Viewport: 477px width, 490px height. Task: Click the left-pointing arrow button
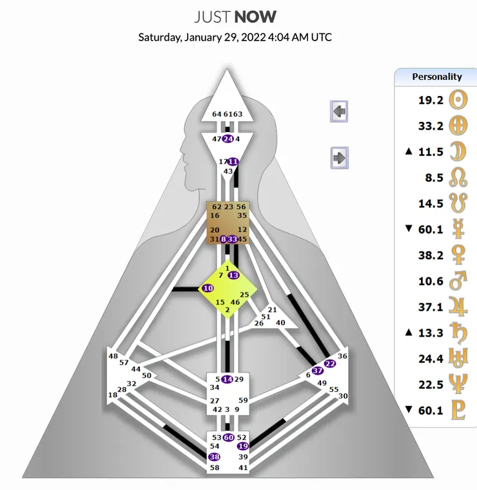340,111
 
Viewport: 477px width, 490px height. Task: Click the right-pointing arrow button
340,157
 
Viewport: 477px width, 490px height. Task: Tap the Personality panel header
436,77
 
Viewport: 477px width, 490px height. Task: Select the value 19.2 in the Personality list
430,100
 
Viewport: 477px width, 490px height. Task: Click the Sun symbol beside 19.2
457,100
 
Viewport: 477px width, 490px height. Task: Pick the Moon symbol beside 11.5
457,152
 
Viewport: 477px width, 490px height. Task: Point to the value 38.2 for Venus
430,255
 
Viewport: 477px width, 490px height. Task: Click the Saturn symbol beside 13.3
457,333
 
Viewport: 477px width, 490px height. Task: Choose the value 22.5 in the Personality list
430,385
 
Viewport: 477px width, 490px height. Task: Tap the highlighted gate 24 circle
228,139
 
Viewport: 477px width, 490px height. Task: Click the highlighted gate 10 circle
208,288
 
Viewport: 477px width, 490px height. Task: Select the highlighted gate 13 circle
233,275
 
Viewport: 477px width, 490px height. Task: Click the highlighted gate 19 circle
243,446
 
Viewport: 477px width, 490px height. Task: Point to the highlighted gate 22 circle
330,364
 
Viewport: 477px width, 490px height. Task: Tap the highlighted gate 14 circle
227,379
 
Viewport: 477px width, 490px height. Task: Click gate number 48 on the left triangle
113,356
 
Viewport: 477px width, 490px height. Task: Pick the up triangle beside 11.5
408,152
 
